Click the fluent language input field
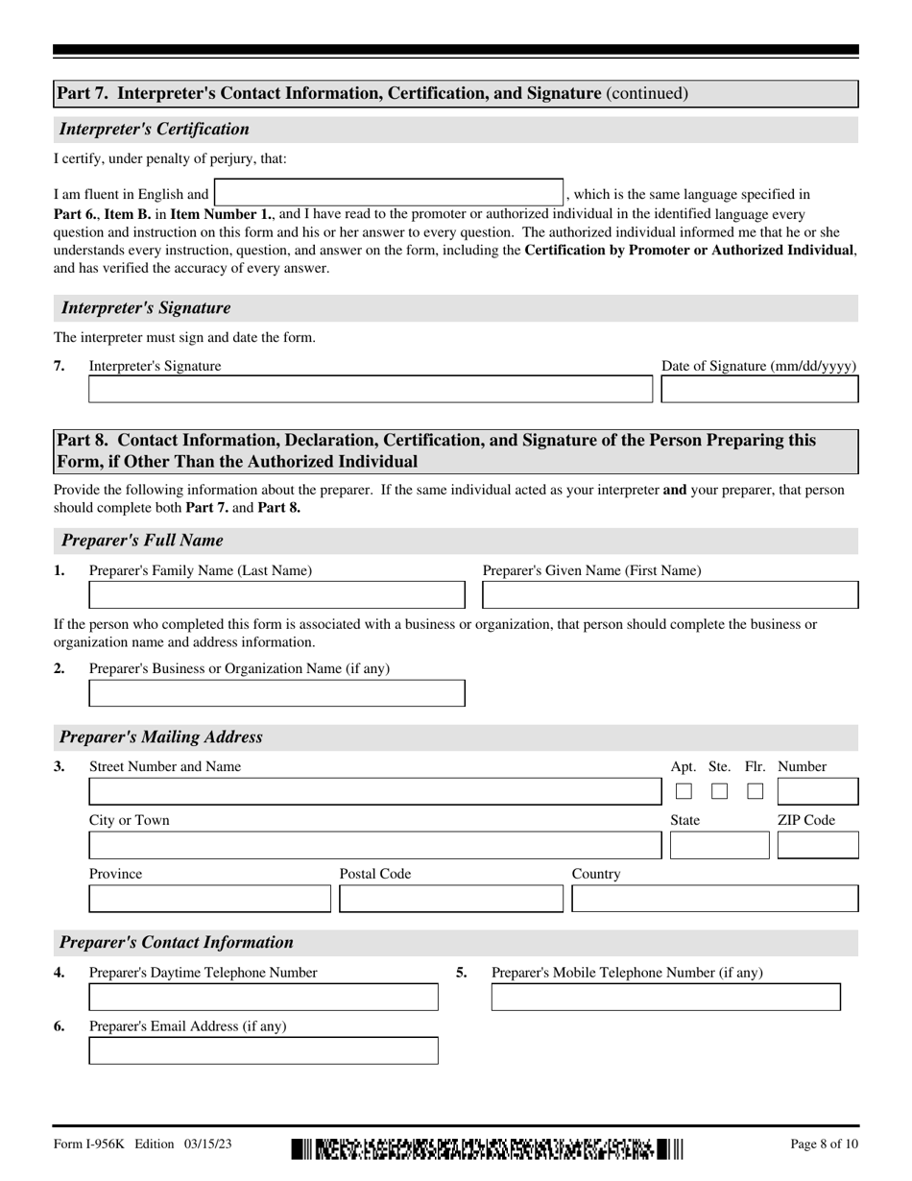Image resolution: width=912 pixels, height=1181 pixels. coord(388,192)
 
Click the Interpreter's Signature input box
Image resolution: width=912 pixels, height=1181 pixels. coord(370,389)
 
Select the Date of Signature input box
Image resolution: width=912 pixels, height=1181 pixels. coord(759,389)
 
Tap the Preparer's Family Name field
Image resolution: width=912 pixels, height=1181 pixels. coord(276,595)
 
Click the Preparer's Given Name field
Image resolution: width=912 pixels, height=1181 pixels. coord(670,595)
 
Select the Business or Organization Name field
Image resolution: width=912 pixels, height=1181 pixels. coord(276,693)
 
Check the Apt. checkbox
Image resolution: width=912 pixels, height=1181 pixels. coord(684,791)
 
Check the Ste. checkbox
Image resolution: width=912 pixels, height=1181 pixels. coord(720,791)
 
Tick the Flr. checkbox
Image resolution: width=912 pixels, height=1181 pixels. coord(756,791)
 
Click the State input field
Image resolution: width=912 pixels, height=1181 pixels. coord(719,846)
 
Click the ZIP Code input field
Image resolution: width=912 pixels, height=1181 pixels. coord(818,846)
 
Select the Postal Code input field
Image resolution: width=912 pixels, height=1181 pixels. coord(451,899)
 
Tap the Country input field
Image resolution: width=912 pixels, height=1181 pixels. coord(715,899)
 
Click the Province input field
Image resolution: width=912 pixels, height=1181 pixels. coord(209,899)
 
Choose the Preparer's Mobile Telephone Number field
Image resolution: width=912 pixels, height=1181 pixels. coord(665,998)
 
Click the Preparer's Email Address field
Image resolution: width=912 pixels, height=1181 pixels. coord(263,1050)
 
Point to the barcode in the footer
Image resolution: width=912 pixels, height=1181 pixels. coord(488,1148)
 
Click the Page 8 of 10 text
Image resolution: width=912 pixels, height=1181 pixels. coord(824,1144)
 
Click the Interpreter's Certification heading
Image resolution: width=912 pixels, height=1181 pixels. coord(155,130)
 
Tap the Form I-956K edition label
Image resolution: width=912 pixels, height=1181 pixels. coord(142,1144)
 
